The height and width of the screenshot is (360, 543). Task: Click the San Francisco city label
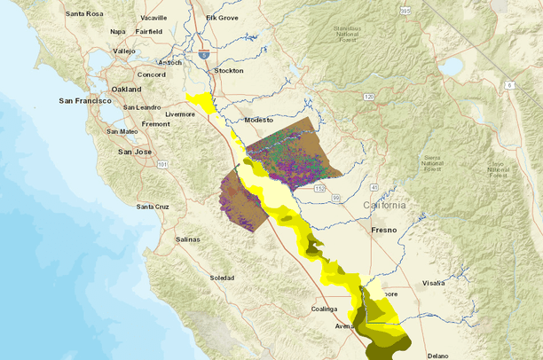click(84, 101)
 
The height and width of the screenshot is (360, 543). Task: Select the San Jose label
click(135, 151)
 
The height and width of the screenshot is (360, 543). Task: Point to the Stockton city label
click(228, 70)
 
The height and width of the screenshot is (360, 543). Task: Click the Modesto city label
click(260, 119)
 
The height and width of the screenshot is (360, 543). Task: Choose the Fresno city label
click(383, 230)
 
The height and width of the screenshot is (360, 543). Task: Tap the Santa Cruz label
click(153, 207)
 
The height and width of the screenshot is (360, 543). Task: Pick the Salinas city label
click(188, 239)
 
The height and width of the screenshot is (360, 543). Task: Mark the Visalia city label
click(434, 283)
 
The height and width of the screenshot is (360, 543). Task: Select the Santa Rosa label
click(83, 14)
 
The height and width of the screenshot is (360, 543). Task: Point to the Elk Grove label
click(222, 17)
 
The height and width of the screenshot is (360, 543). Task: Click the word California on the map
click(384, 205)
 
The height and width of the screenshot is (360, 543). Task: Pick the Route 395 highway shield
click(405, 11)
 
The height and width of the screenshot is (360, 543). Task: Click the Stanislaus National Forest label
click(337, 34)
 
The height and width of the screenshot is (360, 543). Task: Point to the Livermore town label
click(180, 114)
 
